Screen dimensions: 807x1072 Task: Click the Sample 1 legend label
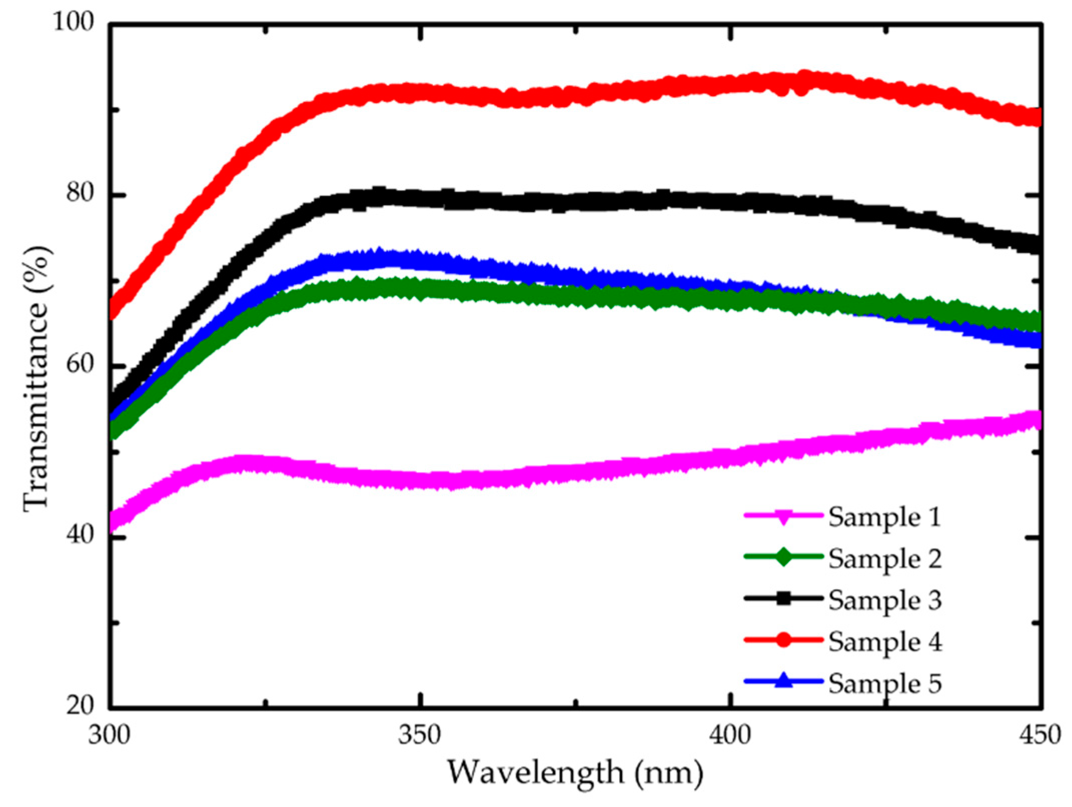pos(884,517)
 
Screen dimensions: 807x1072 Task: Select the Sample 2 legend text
pos(884,558)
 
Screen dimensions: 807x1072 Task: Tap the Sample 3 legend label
pos(884,600)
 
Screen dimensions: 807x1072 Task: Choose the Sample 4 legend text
pos(884,641)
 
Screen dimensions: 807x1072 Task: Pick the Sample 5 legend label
pos(884,683)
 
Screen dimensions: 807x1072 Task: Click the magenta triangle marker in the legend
pos(784,517)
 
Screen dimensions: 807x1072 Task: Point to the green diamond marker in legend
pos(784,557)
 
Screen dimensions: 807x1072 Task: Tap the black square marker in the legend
pos(784,598)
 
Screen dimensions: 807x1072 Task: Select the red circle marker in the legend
pos(784,640)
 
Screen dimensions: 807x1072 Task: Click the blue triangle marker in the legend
pos(784,681)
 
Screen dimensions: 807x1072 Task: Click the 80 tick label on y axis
pos(81,193)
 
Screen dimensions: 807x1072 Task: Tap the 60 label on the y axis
pos(81,365)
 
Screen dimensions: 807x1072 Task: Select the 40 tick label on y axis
pos(81,536)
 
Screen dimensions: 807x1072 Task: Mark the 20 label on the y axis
pos(81,706)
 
